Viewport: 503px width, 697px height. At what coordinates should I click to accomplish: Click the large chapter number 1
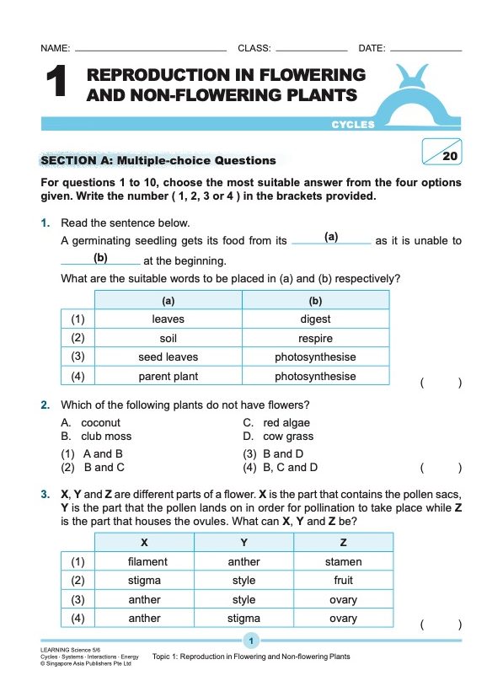[x=56, y=84]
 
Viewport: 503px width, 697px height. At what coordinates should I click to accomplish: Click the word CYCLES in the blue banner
[x=353, y=125]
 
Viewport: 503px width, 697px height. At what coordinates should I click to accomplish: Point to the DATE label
[x=372, y=49]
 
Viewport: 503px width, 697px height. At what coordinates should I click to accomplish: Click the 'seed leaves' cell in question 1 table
[x=169, y=357]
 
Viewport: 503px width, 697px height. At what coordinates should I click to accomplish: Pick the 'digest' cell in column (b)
[x=315, y=319]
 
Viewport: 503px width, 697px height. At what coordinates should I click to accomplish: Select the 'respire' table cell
[x=315, y=339]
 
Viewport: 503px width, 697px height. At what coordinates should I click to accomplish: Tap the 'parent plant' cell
[x=169, y=377]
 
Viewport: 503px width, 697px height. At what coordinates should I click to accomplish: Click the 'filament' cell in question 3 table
[x=147, y=561]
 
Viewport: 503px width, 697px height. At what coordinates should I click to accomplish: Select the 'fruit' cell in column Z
[x=343, y=581]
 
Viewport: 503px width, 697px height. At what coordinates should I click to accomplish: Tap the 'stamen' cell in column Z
[x=343, y=561]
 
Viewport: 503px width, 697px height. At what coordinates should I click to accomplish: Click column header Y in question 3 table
[x=243, y=542]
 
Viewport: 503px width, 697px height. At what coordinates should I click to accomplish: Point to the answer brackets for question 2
[x=441, y=467]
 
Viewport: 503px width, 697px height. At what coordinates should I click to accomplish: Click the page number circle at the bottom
[x=251, y=641]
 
